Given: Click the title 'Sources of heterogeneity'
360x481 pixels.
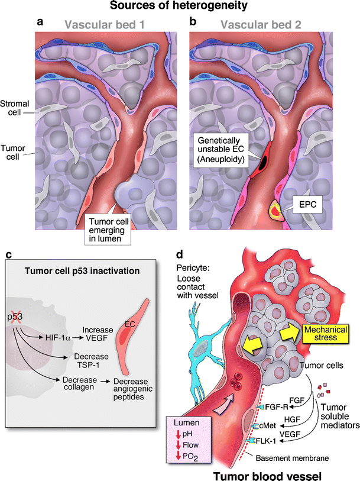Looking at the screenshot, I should coord(180,7).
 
